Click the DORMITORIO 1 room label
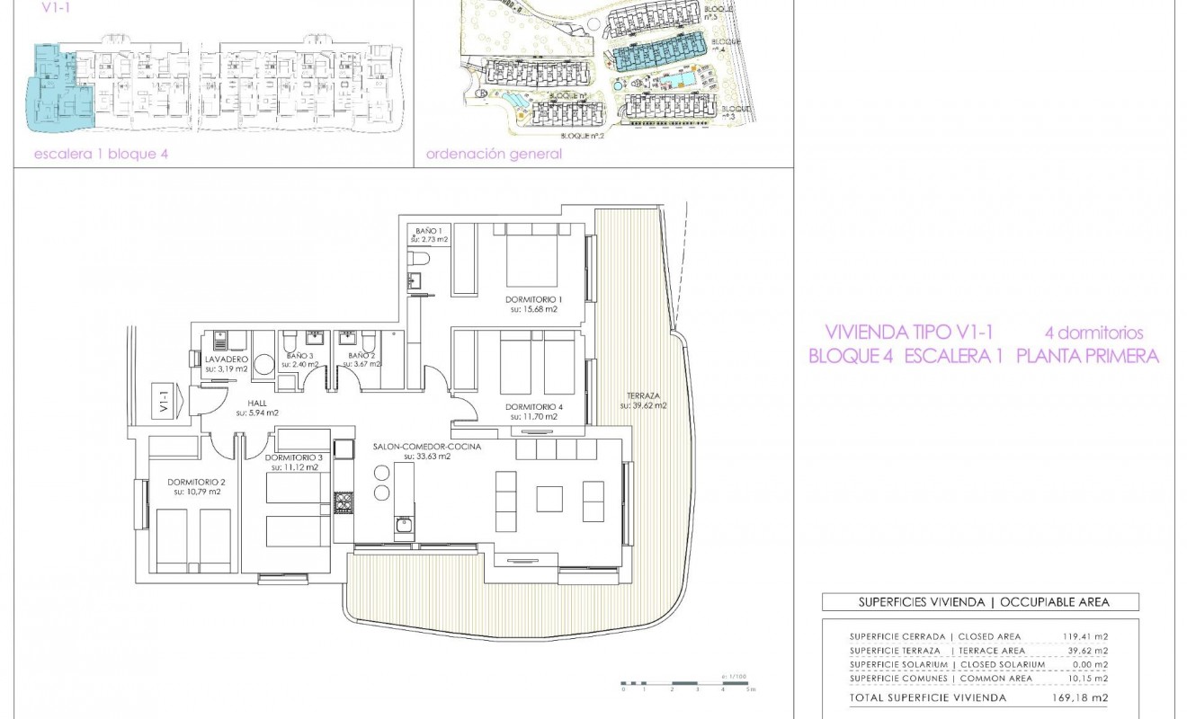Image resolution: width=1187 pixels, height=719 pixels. pos(532,299)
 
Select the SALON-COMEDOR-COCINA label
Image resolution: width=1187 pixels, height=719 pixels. pos(427,447)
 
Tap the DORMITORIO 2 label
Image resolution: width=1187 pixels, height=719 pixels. pos(195,482)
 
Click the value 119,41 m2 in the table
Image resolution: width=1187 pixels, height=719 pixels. pos(1085,637)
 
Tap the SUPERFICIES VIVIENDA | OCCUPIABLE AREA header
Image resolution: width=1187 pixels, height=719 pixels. pos(980,602)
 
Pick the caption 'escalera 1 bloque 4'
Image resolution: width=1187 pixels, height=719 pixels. pos(101,154)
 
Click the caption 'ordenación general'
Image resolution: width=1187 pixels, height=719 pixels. pos(494,154)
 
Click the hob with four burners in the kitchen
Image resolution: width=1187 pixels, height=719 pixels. pos(344,502)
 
